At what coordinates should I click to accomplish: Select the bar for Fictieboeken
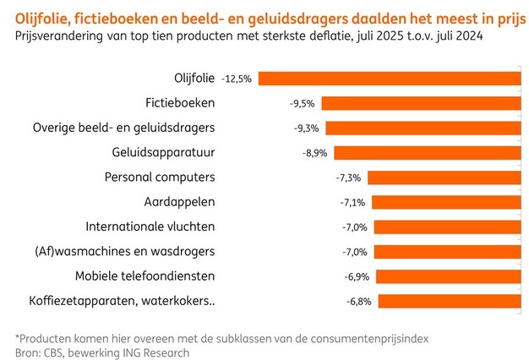point(420,103)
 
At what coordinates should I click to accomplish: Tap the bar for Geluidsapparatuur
point(425,153)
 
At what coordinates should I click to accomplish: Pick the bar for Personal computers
point(443,177)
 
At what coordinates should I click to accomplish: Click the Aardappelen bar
point(445,202)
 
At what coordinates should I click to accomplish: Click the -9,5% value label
point(302,103)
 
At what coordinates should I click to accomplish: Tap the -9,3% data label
point(304,128)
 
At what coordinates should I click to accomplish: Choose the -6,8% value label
point(358,301)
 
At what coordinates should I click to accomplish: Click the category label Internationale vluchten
point(150,226)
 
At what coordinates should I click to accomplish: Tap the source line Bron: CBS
point(102,352)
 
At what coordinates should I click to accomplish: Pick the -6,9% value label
point(357,275)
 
